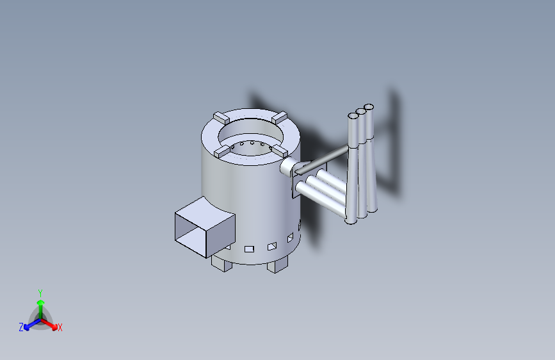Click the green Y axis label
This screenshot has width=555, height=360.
click(x=40, y=292)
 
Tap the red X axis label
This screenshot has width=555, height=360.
click(x=60, y=328)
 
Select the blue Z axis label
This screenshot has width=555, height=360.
click(x=21, y=327)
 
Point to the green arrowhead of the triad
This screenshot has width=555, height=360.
click(x=40, y=301)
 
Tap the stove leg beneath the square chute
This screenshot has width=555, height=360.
click(x=221, y=263)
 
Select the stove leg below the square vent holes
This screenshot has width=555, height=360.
click(x=278, y=264)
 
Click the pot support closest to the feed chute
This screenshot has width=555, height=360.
click(x=222, y=152)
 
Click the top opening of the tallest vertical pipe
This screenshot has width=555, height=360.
click(x=369, y=106)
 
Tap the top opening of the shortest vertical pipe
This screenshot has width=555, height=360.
click(x=353, y=117)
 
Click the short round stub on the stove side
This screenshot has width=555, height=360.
click(x=287, y=167)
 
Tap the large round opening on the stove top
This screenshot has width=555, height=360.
click(x=251, y=136)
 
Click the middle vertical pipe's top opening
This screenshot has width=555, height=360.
click(x=361, y=111)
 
